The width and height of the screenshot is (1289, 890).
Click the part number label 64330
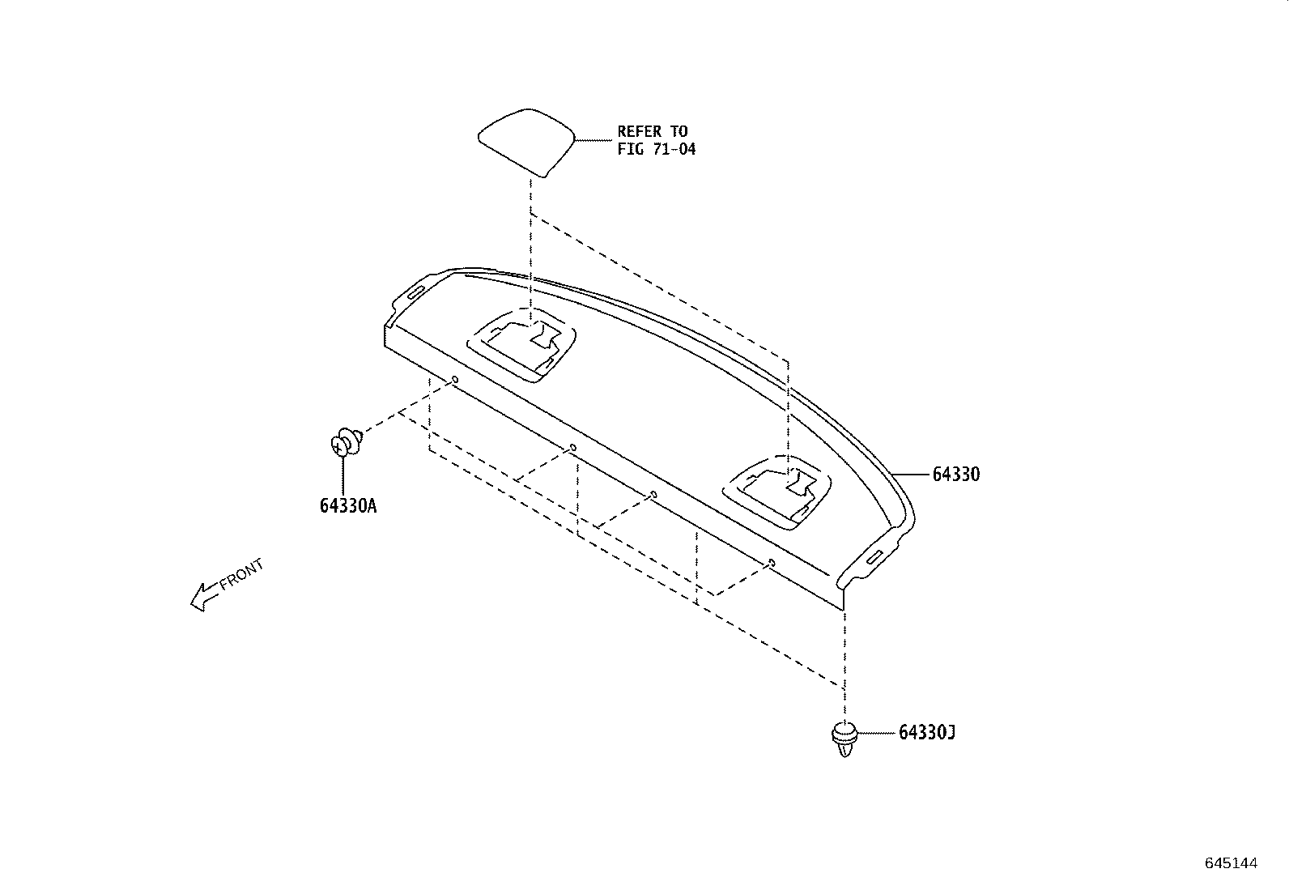pyautogui.click(x=955, y=475)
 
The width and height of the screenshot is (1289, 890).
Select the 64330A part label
pyautogui.click(x=348, y=506)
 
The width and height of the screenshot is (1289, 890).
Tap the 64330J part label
pyautogui.click(x=926, y=732)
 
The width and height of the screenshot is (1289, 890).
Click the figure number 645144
pyautogui.click(x=1232, y=863)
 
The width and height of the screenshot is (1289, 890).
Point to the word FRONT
pyautogui.click(x=241, y=574)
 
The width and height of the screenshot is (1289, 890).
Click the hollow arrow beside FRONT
pyautogui.click(x=205, y=597)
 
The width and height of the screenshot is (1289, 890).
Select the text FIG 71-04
pyautogui.click(x=657, y=149)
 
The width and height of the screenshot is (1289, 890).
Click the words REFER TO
pyautogui.click(x=653, y=131)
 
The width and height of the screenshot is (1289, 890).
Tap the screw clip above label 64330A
pyautogui.click(x=347, y=442)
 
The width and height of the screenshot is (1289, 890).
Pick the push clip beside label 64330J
pyautogui.click(x=844, y=739)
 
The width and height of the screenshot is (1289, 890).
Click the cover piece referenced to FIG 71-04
pyautogui.click(x=526, y=142)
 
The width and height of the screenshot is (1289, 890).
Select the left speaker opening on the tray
pyautogui.click(x=521, y=346)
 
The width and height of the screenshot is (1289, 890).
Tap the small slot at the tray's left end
pyautogui.click(x=414, y=294)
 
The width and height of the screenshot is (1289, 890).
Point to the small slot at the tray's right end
pyautogui.click(x=874, y=557)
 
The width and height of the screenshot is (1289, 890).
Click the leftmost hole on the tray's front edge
pyautogui.click(x=454, y=379)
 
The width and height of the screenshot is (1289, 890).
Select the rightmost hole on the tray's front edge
pyautogui.click(x=772, y=563)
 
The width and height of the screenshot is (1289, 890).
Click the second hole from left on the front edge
pyautogui.click(x=572, y=447)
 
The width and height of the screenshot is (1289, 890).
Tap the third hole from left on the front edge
pyautogui.click(x=653, y=495)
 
